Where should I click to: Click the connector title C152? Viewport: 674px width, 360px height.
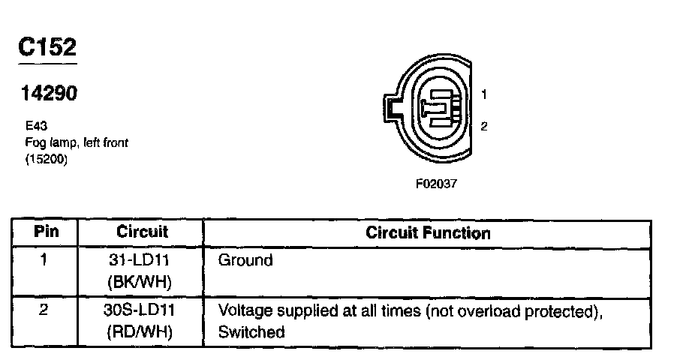(47, 47)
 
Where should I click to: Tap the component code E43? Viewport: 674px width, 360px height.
(36, 127)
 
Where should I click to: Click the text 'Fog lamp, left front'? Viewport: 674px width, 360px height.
(76, 142)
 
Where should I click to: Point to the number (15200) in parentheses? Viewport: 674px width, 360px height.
(47, 158)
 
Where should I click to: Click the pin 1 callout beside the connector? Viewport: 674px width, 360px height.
(484, 94)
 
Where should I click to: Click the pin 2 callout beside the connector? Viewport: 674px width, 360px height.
(484, 126)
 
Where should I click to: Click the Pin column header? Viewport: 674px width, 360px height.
(46, 232)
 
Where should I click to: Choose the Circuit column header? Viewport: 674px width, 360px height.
(142, 232)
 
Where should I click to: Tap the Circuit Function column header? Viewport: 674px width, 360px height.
(428, 232)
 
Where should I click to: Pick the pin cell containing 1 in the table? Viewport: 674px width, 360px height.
(44, 261)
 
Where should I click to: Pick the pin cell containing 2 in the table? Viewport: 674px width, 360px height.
(44, 310)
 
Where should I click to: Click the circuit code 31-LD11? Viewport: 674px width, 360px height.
(142, 261)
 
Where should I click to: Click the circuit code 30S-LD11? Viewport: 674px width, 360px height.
(142, 310)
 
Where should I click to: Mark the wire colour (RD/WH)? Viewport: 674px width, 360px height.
(142, 331)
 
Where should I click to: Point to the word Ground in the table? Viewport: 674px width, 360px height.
(245, 261)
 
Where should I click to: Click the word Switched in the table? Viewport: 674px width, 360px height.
(251, 331)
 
